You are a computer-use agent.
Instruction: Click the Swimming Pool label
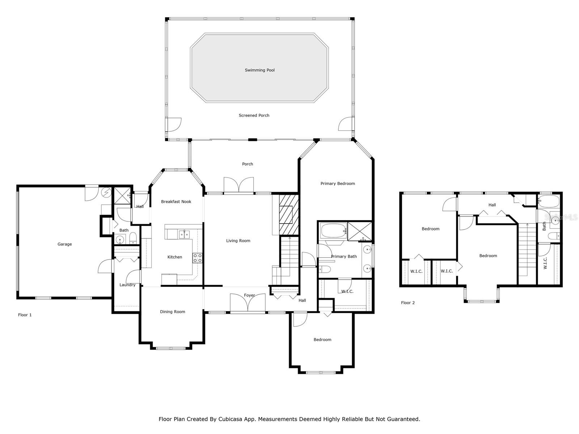point(259,70)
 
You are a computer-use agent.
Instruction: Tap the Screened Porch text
point(254,115)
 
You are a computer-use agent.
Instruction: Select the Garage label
point(65,244)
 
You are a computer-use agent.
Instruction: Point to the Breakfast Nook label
point(176,201)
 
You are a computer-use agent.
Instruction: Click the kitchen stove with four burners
point(197,258)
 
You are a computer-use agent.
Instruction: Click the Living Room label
point(238,241)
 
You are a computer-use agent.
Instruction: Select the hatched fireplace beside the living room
point(289,214)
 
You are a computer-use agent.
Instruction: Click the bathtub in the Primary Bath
point(333,231)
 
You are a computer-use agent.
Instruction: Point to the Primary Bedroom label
point(338,183)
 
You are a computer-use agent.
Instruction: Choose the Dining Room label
point(173,312)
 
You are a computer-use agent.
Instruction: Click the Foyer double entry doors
point(248,303)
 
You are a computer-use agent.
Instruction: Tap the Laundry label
point(127,285)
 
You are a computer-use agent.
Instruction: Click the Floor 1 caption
point(25,315)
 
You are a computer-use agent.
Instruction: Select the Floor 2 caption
point(408,303)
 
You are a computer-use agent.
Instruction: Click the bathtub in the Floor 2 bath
point(549,201)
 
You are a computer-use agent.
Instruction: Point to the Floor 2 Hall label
point(492,205)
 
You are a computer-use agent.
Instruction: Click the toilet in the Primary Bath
point(325,269)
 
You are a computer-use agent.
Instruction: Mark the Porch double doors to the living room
point(239,185)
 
